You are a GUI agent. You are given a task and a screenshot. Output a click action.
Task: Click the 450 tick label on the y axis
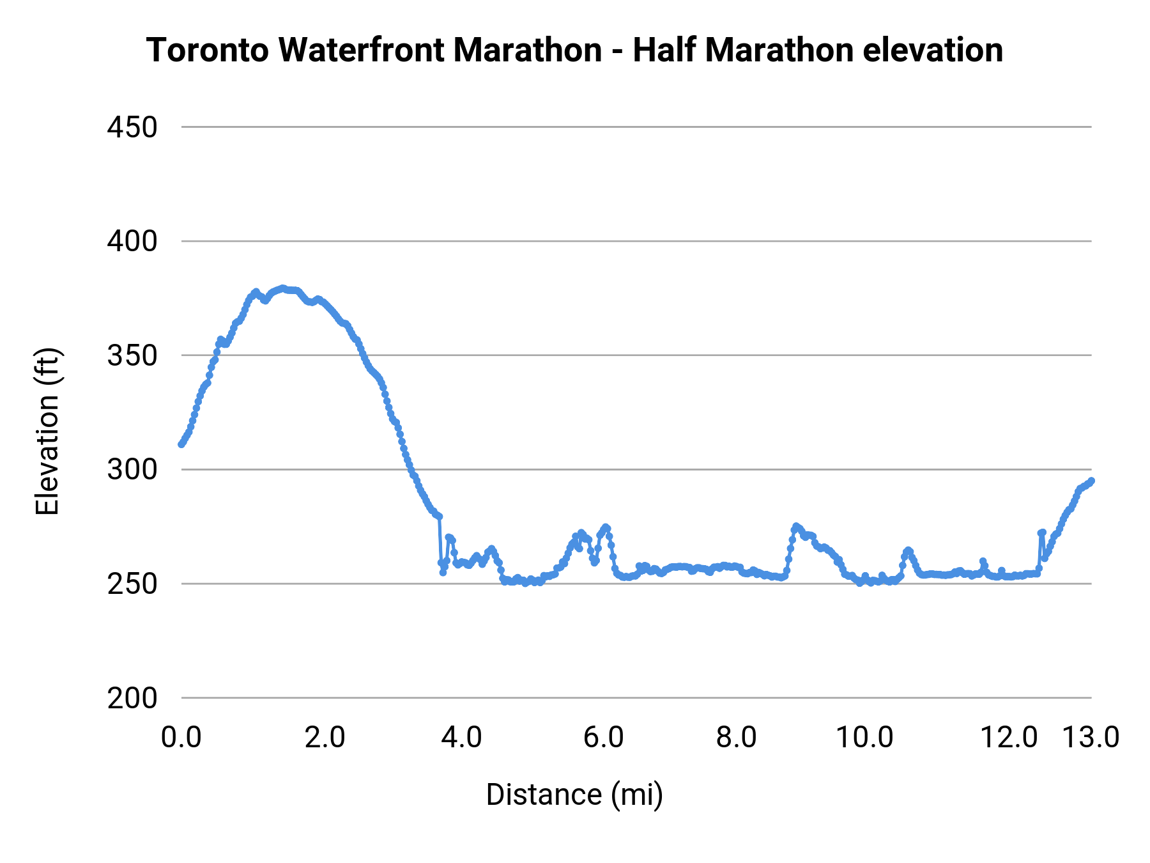click(x=132, y=128)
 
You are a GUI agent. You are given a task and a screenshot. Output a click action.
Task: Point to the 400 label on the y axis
click(x=132, y=242)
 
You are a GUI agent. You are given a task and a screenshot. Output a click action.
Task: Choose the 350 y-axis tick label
click(x=132, y=356)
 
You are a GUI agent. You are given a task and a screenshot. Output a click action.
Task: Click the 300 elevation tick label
click(x=132, y=470)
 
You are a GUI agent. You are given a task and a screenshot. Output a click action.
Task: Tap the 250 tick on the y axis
click(x=132, y=584)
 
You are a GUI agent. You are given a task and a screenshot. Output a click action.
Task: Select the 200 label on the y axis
click(x=132, y=699)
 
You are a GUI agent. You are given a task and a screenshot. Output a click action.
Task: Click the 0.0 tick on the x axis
click(x=181, y=738)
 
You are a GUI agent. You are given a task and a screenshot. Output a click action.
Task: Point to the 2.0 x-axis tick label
click(x=325, y=738)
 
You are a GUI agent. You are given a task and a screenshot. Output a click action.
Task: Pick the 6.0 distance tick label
click(x=603, y=738)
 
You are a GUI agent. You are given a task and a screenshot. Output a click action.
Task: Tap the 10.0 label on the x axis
click(x=865, y=738)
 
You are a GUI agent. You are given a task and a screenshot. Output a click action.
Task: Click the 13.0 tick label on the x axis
click(x=1091, y=738)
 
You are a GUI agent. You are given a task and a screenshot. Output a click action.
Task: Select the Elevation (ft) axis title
click(x=47, y=432)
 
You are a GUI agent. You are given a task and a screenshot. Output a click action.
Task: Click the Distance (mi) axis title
click(x=574, y=795)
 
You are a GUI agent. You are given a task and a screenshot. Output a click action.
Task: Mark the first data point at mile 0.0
click(x=181, y=444)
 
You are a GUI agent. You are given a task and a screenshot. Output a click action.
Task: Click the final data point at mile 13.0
click(x=1091, y=481)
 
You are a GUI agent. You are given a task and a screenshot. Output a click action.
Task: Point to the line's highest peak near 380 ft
click(x=282, y=288)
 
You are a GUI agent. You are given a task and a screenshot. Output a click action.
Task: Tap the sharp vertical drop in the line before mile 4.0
click(x=440, y=540)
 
